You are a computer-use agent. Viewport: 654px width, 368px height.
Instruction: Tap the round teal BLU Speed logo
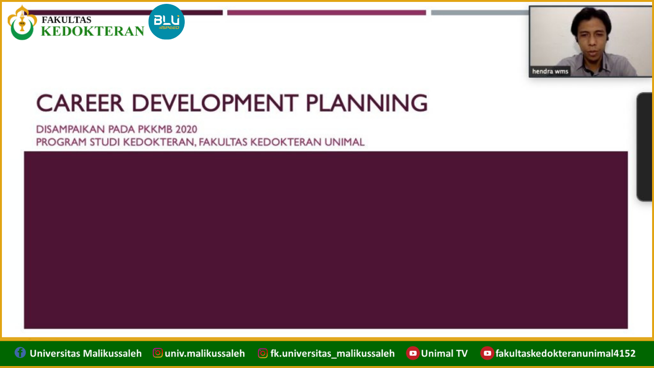coord(167,22)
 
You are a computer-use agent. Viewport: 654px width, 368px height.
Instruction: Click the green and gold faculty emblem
coord(22,23)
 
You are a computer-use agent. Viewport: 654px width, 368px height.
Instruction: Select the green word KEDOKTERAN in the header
coord(92,31)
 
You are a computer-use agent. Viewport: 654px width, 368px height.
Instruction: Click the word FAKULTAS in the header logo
coord(67,20)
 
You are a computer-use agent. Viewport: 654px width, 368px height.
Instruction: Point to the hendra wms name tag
coord(550,71)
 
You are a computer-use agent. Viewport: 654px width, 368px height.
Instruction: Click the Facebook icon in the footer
coord(20,353)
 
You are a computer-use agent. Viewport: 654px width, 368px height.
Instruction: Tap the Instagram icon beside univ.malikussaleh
coord(158,353)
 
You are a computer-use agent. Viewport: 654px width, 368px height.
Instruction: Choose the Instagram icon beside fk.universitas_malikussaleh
coord(263,353)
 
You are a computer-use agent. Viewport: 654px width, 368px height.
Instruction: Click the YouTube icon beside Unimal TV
coord(413,353)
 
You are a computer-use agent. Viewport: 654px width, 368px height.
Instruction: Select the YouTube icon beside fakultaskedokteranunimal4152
coord(487,353)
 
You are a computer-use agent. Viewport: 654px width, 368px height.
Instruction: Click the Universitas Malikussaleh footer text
coord(86,354)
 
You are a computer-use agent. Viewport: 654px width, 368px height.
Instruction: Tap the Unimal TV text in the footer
coord(444,354)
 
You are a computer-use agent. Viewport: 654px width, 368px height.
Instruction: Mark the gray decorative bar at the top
coord(479,12)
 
